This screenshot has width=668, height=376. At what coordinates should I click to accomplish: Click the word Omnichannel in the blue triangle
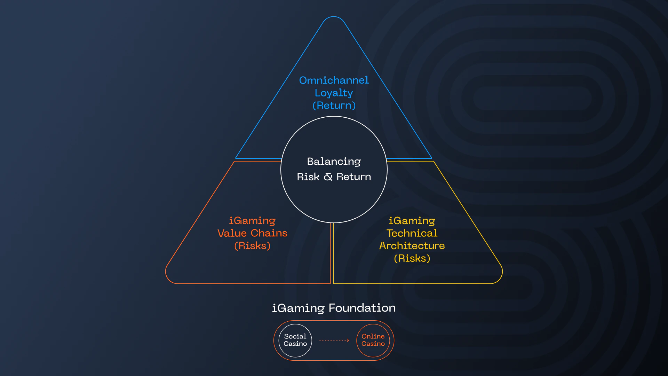point(334,80)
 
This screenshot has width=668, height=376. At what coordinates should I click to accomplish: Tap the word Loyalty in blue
point(334,93)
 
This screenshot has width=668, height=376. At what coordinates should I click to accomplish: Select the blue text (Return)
point(334,105)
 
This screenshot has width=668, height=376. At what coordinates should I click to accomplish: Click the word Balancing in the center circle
point(334,162)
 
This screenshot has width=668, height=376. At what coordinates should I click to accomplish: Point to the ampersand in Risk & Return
point(328,177)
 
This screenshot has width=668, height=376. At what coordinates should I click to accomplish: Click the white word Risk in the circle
point(308,177)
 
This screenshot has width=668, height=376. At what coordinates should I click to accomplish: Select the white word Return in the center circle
point(353,177)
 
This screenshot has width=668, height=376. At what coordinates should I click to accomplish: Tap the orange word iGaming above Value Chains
point(252,221)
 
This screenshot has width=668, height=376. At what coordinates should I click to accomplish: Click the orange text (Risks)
point(252,246)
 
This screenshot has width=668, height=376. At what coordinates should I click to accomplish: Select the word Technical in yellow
point(412,233)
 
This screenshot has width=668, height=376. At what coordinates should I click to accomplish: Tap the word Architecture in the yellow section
point(412,246)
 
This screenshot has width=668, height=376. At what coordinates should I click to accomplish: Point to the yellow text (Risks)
point(412,258)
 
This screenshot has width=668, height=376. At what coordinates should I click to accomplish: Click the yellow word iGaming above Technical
point(412,221)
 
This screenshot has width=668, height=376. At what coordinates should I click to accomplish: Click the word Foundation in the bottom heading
point(362,308)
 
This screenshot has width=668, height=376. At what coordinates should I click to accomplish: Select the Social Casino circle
point(295,340)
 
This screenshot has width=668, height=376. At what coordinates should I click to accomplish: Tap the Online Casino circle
point(373,340)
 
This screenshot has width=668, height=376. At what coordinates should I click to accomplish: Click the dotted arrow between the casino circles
point(334,340)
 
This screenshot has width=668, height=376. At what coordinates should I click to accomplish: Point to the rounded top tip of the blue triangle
point(334,17)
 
